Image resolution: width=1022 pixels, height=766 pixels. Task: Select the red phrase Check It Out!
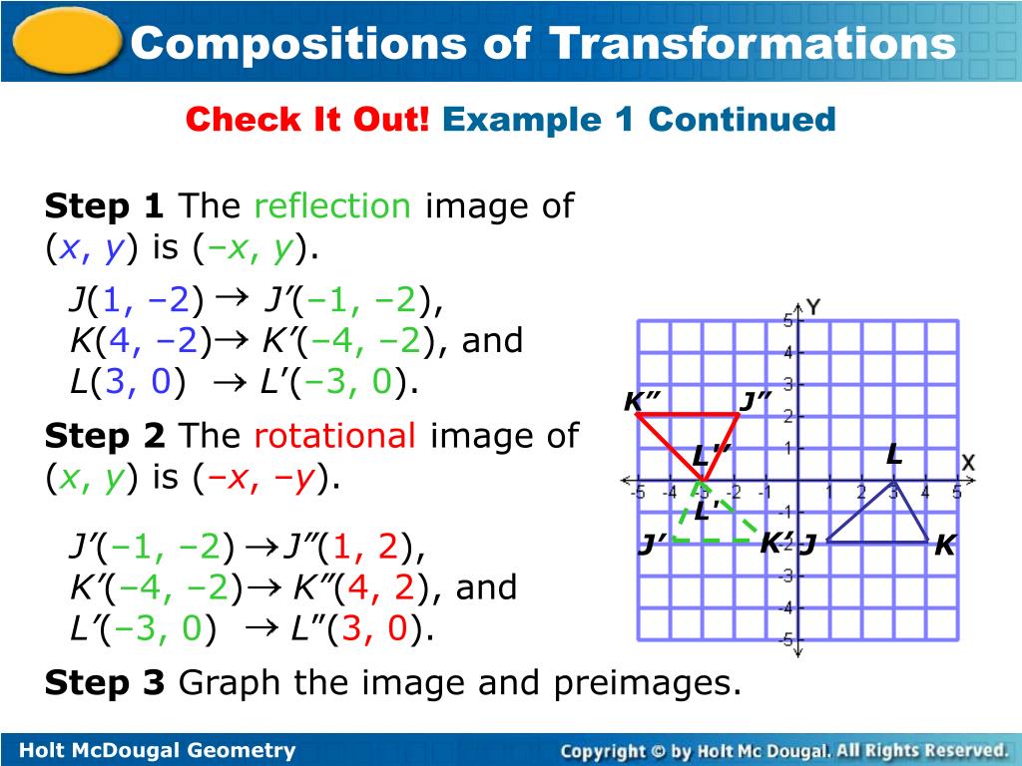click(307, 120)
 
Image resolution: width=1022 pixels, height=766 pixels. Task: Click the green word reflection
click(332, 206)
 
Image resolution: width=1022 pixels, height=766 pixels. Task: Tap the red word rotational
click(334, 436)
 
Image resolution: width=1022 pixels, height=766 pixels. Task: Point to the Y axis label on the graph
click(813, 306)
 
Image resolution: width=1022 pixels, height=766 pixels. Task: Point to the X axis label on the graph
click(967, 463)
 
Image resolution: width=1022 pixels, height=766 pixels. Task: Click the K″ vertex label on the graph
click(643, 401)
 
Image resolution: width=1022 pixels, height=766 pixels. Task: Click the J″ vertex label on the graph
click(756, 401)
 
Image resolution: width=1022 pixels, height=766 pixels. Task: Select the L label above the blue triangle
click(894, 455)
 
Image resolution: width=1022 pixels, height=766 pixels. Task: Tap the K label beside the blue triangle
click(944, 546)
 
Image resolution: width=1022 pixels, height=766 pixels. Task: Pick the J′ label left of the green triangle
click(653, 546)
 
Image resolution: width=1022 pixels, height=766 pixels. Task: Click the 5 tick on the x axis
click(956, 492)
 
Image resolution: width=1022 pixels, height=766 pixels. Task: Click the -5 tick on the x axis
click(637, 492)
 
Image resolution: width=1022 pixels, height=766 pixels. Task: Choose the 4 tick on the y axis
click(786, 352)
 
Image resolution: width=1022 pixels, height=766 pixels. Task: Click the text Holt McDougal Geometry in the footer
click(159, 750)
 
